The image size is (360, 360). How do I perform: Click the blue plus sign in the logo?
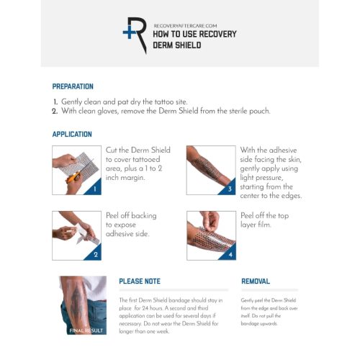(129, 32)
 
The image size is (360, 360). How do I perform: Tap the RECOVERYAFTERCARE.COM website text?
(185, 26)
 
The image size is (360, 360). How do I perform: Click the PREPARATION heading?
(73, 86)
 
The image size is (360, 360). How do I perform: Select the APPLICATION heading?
(72, 134)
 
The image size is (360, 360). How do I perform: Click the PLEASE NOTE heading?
(140, 282)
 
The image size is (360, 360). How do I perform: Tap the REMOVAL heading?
(256, 282)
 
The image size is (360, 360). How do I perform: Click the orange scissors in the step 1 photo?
(73, 177)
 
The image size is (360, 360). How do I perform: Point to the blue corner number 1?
(95, 189)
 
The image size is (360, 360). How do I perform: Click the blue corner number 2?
(96, 254)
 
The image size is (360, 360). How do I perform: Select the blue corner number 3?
(230, 189)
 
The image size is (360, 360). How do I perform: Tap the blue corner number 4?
(230, 254)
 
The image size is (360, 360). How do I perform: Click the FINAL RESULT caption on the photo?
(86, 330)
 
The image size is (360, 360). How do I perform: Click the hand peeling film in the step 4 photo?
(210, 221)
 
